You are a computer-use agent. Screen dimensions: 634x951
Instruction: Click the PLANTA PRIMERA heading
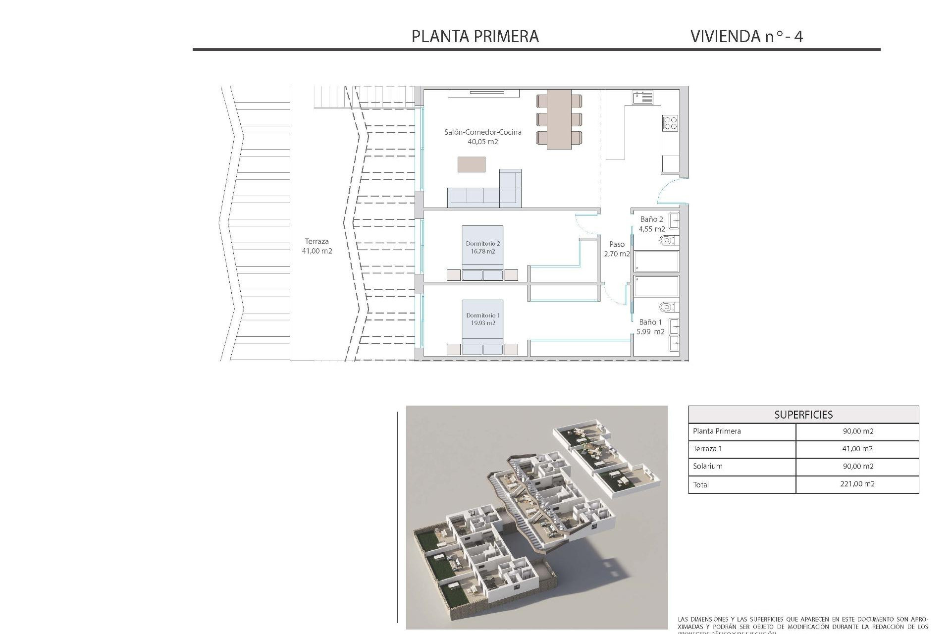click(x=475, y=36)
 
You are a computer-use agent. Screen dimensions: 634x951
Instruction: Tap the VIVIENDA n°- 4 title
click(x=746, y=36)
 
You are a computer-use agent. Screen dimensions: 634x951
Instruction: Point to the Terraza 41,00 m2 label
click(x=317, y=246)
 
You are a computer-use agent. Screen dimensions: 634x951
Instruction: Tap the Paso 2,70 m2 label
click(x=617, y=249)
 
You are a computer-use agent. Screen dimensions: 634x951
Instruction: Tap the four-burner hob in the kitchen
click(x=670, y=123)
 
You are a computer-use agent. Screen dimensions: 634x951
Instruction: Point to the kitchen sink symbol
click(x=642, y=97)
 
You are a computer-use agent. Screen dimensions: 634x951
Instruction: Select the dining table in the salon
click(x=559, y=119)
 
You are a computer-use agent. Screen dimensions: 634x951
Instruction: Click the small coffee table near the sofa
click(x=471, y=164)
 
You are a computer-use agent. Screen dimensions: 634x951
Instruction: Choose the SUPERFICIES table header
click(x=803, y=415)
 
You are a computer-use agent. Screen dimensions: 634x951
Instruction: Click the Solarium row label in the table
click(x=708, y=466)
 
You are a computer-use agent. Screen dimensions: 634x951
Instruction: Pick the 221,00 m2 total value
click(x=857, y=484)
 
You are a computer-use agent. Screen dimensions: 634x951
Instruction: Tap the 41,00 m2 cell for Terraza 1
click(x=857, y=449)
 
